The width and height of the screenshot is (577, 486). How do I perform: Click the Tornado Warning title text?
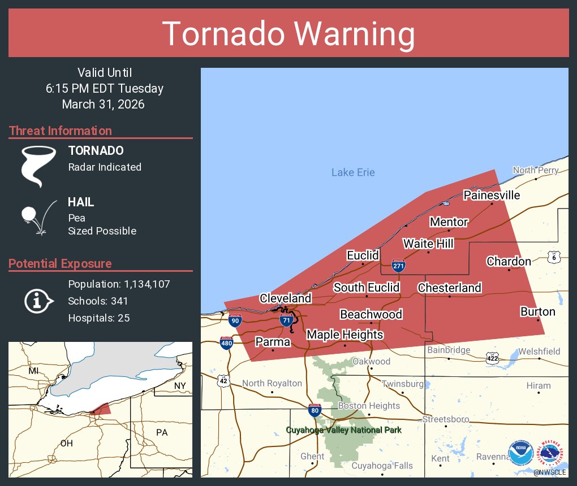(288, 34)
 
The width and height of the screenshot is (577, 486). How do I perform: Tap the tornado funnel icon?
(38, 166)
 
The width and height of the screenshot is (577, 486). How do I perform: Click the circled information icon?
(38, 301)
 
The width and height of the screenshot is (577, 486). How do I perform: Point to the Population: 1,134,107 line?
(119, 284)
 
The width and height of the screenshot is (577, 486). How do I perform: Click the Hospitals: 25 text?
(99, 318)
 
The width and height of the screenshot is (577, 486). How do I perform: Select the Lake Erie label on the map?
(353, 172)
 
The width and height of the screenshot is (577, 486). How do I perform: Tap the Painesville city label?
(491, 195)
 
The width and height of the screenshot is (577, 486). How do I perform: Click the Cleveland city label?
(285, 298)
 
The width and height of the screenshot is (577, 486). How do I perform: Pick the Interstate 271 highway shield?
(398, 265)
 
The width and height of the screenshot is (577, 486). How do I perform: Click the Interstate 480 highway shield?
(226, 342)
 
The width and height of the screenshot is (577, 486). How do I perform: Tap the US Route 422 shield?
(492, 357)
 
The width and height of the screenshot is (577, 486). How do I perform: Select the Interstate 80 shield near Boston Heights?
(315, 410)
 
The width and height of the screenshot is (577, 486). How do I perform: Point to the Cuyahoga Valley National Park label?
(343, 430)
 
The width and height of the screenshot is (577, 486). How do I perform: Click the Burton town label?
(537, 311)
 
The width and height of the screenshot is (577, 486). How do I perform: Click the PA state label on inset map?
(162, 432)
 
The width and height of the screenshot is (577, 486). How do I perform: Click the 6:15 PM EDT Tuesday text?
(105, 88)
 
